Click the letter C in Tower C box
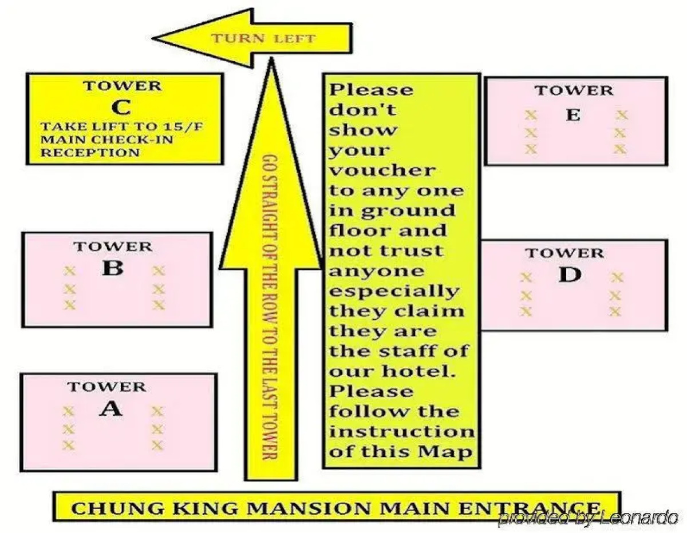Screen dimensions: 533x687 point(121,107)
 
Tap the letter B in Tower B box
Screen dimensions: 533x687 point(112,268)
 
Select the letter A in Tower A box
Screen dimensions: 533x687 point(110,409)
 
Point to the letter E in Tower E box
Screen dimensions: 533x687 point(572,115)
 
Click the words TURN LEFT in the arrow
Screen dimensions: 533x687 point(264,39)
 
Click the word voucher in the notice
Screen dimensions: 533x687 point(381,170)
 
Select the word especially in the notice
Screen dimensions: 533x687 point(394,292)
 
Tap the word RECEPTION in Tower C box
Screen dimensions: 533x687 point(90,153)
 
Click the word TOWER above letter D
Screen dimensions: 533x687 point(564,253)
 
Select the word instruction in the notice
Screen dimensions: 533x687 point(401,431)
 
